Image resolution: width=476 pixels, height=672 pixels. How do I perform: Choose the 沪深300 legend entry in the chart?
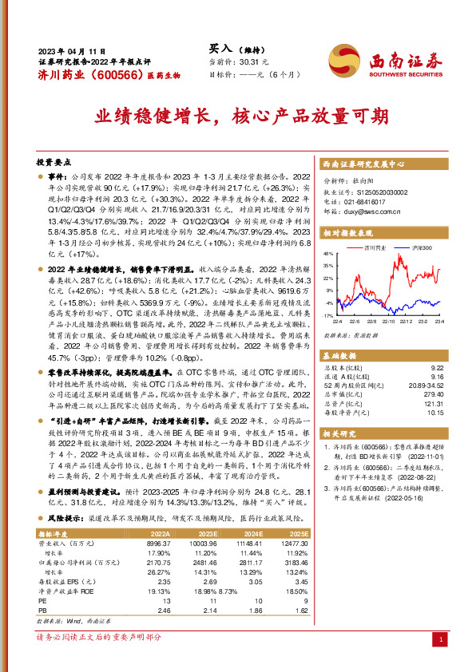422,249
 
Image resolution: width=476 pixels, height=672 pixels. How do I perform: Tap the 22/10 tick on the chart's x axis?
390,322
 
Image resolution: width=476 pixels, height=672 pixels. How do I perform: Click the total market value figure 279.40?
434,394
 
